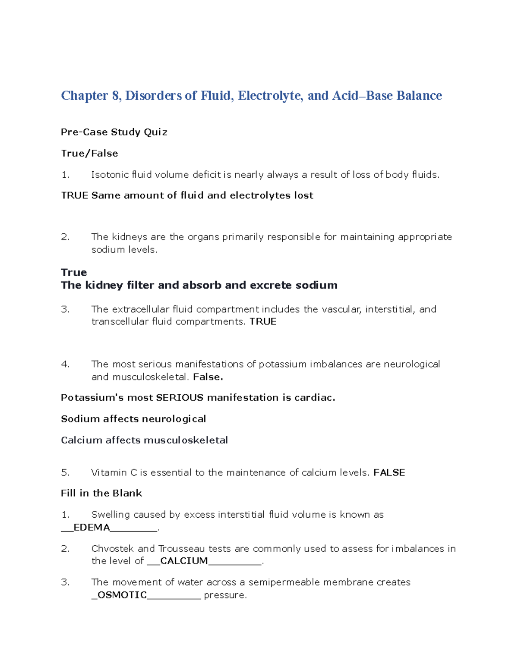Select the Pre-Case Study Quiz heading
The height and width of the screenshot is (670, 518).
point(114,132)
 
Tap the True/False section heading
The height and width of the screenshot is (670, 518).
point(89,153)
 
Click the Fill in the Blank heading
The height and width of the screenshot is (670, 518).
point(101,493)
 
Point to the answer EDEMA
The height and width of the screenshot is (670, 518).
point(92,527)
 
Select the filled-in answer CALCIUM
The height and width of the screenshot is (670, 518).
point(184,561)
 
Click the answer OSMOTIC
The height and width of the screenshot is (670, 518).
point(122,595)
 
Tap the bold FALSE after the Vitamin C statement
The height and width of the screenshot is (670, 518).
point(389,472)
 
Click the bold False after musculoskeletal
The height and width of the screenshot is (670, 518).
point(208,377)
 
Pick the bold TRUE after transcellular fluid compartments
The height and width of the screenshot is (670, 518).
point(263,321)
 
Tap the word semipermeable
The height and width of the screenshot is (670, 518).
point(284,582)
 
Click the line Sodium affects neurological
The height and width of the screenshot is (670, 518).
point(133,419)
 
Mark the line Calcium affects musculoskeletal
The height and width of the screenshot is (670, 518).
point(144,440)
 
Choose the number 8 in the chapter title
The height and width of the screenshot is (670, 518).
point(115,95)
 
